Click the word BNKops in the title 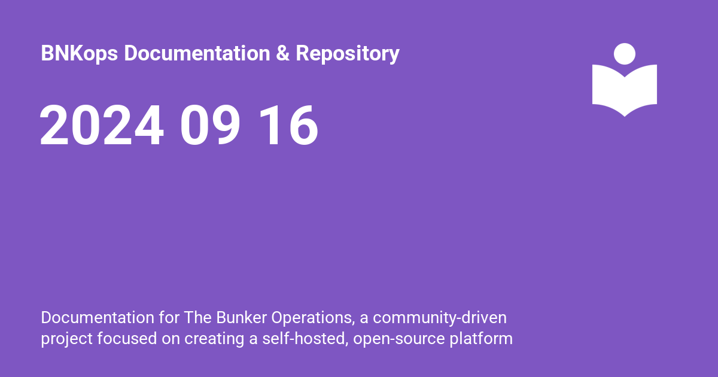pos(79,53)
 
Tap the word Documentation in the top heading pos(197,53)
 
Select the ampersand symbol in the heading pos(282,53)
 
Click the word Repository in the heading pos(348,53)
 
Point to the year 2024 pos(101,125)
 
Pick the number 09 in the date pos(210,125)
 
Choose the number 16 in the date pos(288,125)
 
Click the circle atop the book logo pos(625,54)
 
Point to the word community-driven pos(440,318)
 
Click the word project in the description pos(66,339)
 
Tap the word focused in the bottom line pos(127,339)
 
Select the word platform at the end pos(481,339)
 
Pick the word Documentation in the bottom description pos(98,318)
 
